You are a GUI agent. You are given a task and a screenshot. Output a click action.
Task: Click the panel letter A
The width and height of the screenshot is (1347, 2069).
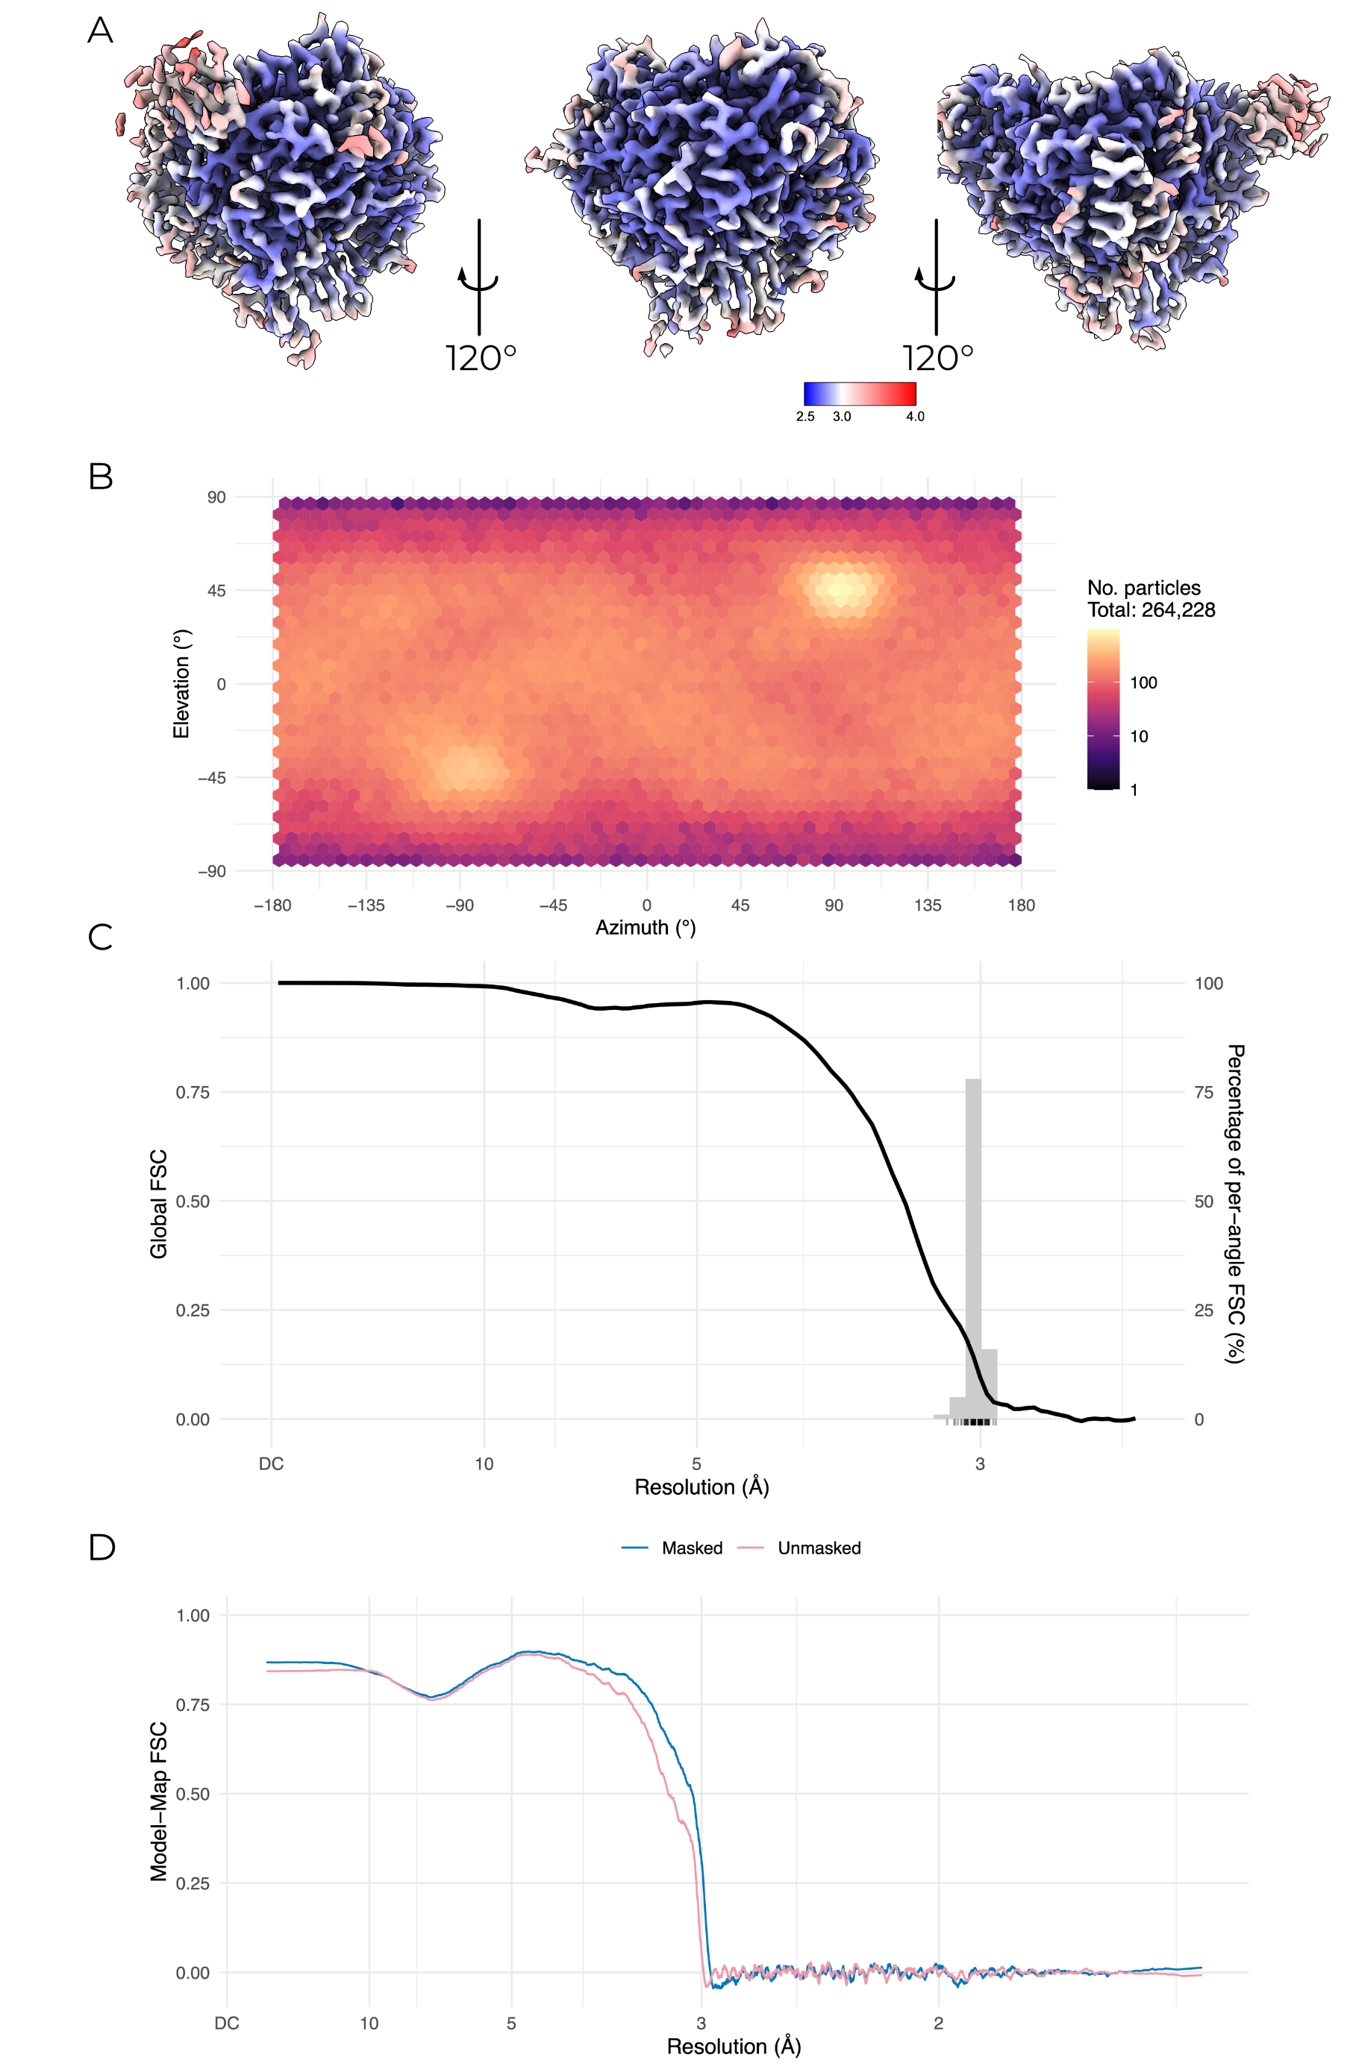coord(100,31)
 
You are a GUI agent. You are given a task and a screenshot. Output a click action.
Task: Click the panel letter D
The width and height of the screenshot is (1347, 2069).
coord(101,1547)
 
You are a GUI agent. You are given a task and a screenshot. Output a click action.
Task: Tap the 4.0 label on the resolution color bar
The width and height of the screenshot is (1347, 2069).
coord(915,416)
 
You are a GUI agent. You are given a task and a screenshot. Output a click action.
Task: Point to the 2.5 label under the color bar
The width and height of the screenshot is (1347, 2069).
coord(805,416)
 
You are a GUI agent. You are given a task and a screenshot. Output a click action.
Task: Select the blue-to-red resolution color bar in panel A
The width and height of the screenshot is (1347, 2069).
coord(859,394)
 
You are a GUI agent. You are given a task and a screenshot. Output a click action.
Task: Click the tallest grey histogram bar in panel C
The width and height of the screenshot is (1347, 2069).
coord(973,1252)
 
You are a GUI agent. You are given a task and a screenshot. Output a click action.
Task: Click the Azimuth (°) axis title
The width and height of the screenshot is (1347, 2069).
coord(646,928)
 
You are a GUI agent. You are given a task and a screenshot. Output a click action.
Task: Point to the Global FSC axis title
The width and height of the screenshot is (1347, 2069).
coord(158,1204)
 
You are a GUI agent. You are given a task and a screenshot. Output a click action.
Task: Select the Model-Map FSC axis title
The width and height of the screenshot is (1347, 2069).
coord(158,1801)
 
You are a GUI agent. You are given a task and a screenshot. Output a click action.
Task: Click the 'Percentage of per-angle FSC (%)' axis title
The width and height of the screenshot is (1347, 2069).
coord(1235,1204)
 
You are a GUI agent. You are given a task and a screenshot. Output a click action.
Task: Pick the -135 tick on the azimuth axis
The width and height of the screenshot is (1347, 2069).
coord(366,905)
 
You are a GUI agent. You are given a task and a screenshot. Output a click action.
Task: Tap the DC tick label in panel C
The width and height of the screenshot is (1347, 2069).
coord(272,1464)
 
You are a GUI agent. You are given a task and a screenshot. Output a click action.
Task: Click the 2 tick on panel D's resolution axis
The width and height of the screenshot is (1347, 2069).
coord(938,2023)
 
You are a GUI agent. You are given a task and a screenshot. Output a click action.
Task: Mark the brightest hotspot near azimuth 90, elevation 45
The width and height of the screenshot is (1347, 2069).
coord(839,589)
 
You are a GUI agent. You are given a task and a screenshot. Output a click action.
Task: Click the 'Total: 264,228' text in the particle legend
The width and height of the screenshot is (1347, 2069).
coord(1151,610)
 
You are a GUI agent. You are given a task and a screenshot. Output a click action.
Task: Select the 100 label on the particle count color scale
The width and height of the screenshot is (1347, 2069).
coord(1143,682)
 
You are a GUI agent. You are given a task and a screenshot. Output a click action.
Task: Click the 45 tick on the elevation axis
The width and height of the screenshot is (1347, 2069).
coord(216,591)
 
